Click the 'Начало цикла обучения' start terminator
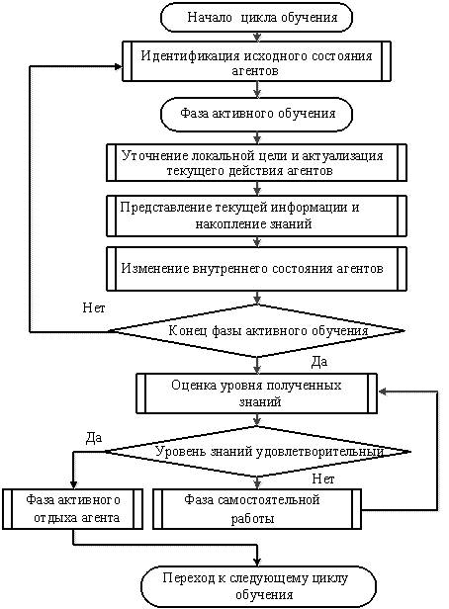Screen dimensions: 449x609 tap(256, 18)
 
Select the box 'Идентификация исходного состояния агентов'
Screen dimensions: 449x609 tap(256, 61)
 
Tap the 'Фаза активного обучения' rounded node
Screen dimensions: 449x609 tap(256, 114)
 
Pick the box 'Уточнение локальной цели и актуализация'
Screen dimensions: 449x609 tap(256, 162)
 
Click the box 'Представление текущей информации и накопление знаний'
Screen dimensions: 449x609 tap(256, 216)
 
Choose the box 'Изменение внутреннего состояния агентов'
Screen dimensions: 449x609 tap(256, 269)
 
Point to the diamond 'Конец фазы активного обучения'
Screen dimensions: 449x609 tap(256, 331)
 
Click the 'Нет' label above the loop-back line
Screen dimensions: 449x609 tap(94, 308)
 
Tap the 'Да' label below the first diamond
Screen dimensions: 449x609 tap(319, 362)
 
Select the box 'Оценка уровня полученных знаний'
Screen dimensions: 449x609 tap(256, 393)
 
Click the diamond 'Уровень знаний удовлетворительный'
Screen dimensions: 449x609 tap(257, 452)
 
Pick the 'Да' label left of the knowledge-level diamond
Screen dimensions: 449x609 tap(94, 438)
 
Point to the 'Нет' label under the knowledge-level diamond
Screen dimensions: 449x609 tap(322, 479)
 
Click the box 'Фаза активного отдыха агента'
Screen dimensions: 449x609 tap(72, 509)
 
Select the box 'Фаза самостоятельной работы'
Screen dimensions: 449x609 tap(257, 509)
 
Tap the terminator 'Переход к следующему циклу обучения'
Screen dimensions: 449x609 tap(258, 586)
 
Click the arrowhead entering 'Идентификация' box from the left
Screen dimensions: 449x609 tap(118, 66)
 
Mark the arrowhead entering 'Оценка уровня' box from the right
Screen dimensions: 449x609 tap(382, 391)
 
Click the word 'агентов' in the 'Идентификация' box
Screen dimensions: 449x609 tap(255, 71)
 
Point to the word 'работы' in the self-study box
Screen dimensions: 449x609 tap(252, 519)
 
